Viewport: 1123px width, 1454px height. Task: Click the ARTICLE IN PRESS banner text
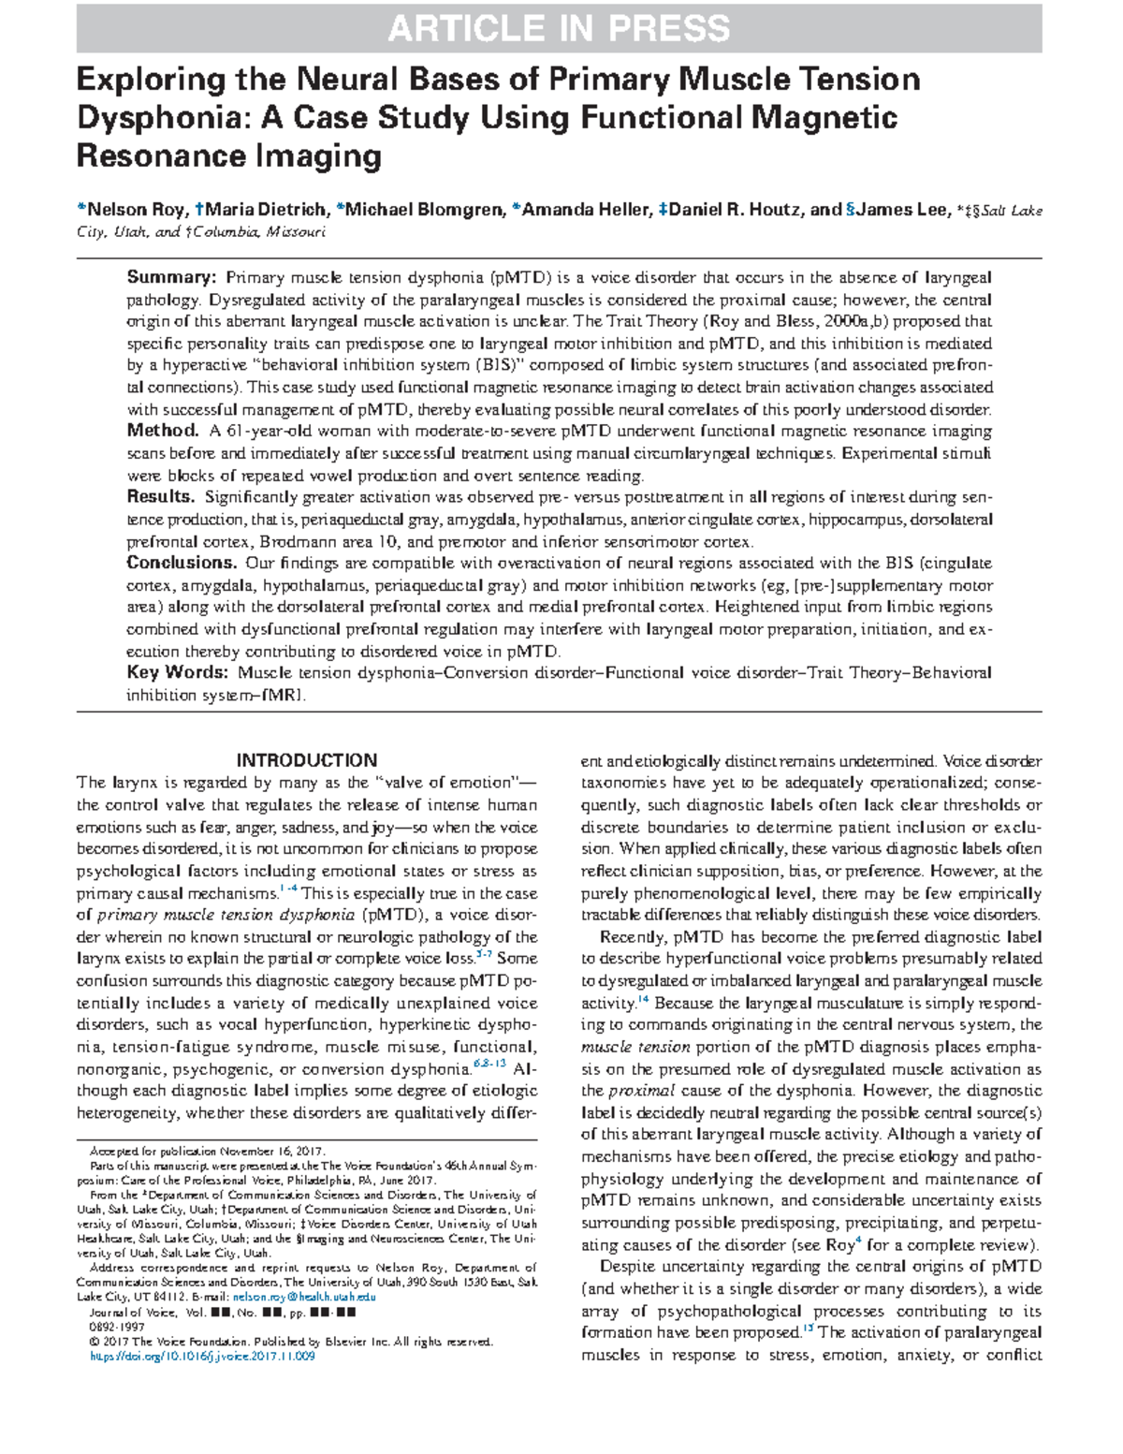pyautogui.click(x=559, y=29)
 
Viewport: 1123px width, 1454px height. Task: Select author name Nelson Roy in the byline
pyautogui.click(x=139, y=210)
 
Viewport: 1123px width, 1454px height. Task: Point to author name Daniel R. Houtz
pyautogui.click(x=743, y=210)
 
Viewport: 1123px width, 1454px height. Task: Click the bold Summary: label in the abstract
pyautogui.click(x=172, y=277)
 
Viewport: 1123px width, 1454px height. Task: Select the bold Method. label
pyautogui.click(x=163, y=431)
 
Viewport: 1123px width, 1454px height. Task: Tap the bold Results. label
pyautogui.click(x=161, y=497)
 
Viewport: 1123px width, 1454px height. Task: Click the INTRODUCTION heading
pyautogui.click(x=307, y=760)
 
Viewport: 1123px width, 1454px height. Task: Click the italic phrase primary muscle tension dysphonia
pyautogui.click(x=226, y=916)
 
